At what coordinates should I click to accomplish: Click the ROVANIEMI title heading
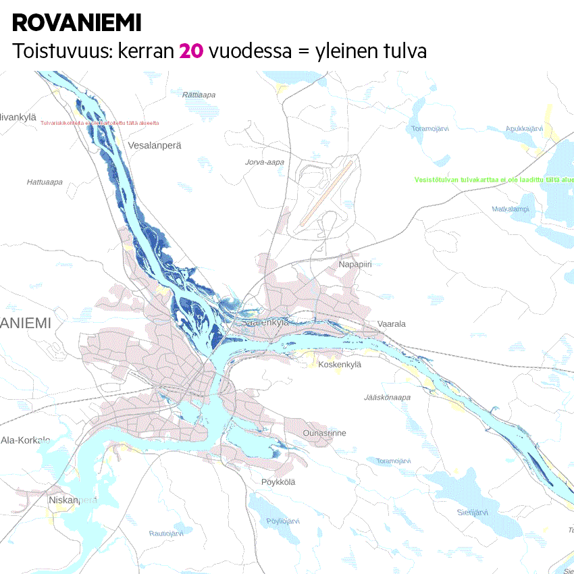76,23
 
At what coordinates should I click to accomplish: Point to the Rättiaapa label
200,95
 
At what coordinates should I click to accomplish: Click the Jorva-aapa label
265,162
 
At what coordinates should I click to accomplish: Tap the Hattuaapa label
45,182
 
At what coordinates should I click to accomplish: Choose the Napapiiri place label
355,265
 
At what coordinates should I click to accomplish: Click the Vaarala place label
392,324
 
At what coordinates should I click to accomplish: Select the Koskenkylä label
340,365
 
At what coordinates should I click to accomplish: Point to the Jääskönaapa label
387,398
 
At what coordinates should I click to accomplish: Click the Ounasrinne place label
324,433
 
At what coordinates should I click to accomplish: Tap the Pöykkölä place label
278,482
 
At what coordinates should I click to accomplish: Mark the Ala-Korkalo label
26,440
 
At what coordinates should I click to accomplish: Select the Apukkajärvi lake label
524,128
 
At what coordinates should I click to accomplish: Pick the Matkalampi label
511,209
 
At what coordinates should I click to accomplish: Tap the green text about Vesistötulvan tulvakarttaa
493,180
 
